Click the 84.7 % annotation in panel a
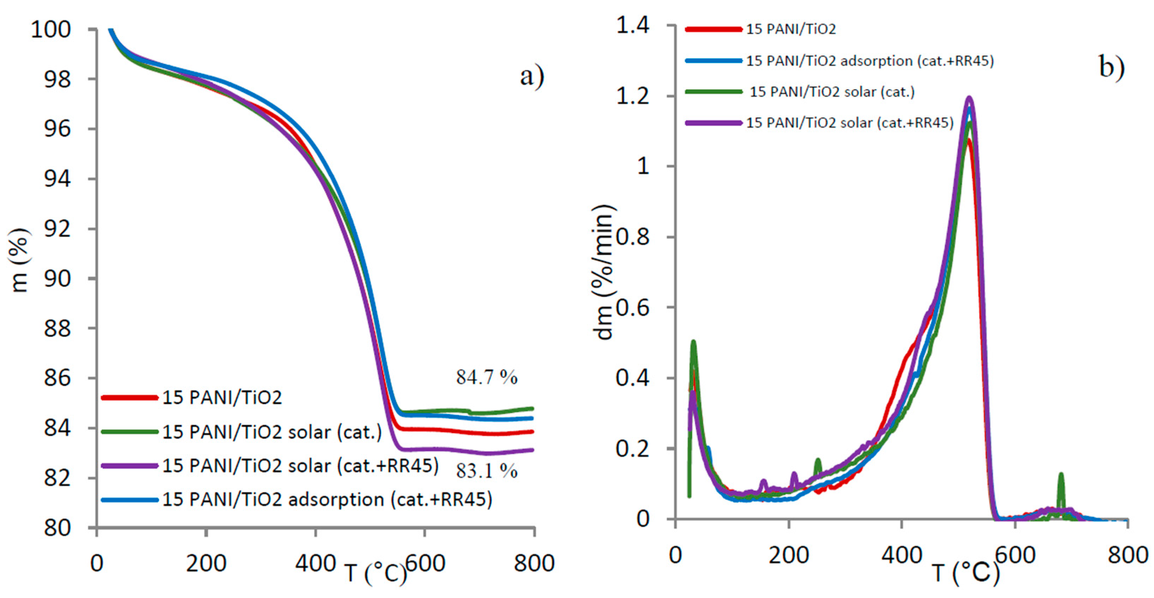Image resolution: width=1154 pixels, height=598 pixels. [487, 377]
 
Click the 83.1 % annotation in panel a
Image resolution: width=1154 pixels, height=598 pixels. [487, 471]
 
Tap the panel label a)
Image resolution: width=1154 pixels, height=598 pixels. [532, 76]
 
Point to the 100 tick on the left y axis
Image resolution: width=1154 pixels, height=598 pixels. [51, 30]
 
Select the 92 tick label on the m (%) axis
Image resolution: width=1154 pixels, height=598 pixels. [57, 229]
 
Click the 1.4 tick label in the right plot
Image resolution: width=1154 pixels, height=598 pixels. [633, 25]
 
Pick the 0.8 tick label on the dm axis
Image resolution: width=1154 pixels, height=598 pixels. [633, 237]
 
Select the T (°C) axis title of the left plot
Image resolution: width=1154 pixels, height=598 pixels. [375, 573]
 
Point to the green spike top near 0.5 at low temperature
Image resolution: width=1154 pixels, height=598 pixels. [694, 343]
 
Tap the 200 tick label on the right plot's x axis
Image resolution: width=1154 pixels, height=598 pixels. [788, 555]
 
